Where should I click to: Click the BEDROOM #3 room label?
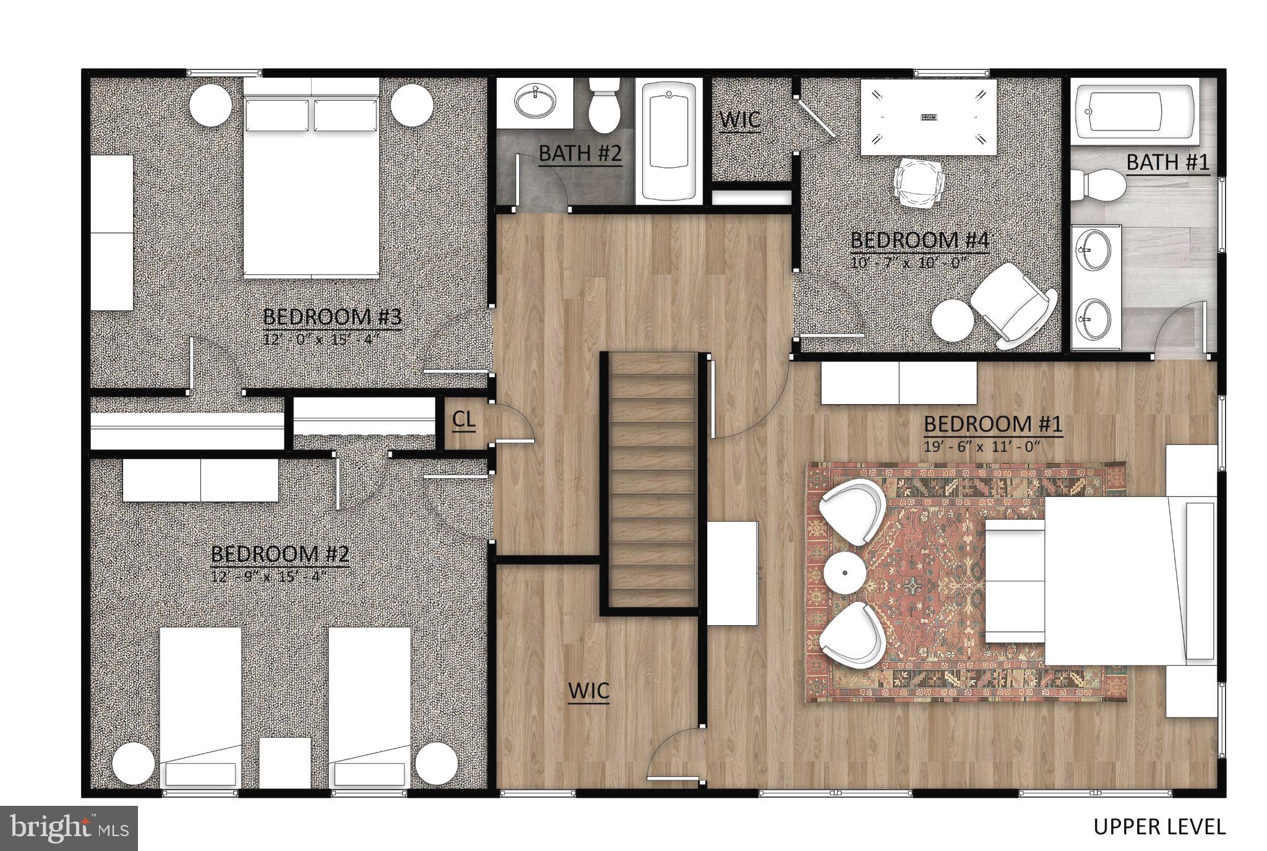pyautogui.click(x=332, y=317)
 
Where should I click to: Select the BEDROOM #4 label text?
pyautogui.click(x=920, y=241)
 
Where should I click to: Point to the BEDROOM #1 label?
pyautogui.click(x=993, y=425)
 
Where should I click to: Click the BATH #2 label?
pyautogui.click(x=580, y=153)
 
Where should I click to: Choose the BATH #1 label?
pyautogui.click(x=1167, y=162)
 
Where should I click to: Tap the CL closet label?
pyautogui.click(x=464, y=420)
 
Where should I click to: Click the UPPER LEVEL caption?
pyautogui.click(x=1159, y=827)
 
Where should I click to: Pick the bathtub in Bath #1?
pyautogui.click(x=1135, y=112)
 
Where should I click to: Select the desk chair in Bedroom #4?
pyautogui.click(x=919, y=182)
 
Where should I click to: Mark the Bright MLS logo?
pyautogui.click(x=68, y=828)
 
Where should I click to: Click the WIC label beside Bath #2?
pyautogui.click(x=741, y=119)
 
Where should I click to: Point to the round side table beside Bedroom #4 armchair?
pyautogui.click(x=952, y=320)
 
